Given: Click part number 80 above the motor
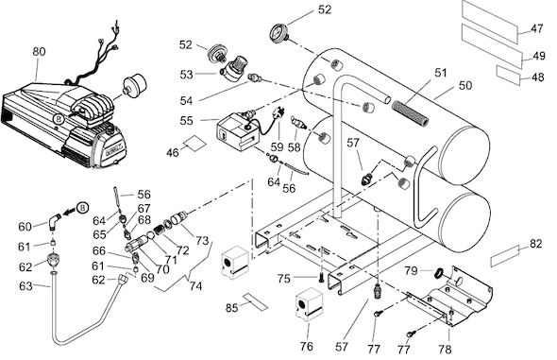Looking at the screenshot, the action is point(39,52).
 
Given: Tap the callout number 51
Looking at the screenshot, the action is point(441,73).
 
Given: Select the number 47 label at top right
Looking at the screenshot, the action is point(537,28).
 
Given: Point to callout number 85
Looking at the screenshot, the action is point(232,308).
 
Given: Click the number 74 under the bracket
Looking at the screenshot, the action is point(195,286).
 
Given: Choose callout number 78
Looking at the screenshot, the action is point(445,350).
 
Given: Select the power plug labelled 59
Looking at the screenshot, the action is point(277,114).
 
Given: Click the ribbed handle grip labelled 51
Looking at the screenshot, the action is point(410,113).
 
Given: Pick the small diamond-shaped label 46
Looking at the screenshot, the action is point(194,143).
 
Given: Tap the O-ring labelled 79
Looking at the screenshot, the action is point(439,273).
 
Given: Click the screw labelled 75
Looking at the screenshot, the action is point(322,278).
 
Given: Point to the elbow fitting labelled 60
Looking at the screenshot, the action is point(55,222).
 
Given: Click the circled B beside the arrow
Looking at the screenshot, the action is point(82,207).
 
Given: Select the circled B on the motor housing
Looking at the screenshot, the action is point(59,119).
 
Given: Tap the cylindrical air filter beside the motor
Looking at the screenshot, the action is point(134,85).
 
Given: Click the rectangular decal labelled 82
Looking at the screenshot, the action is point(504,256).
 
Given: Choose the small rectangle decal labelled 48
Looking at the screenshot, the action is point(509,76).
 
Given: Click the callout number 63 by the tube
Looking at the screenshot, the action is point(25,286).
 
